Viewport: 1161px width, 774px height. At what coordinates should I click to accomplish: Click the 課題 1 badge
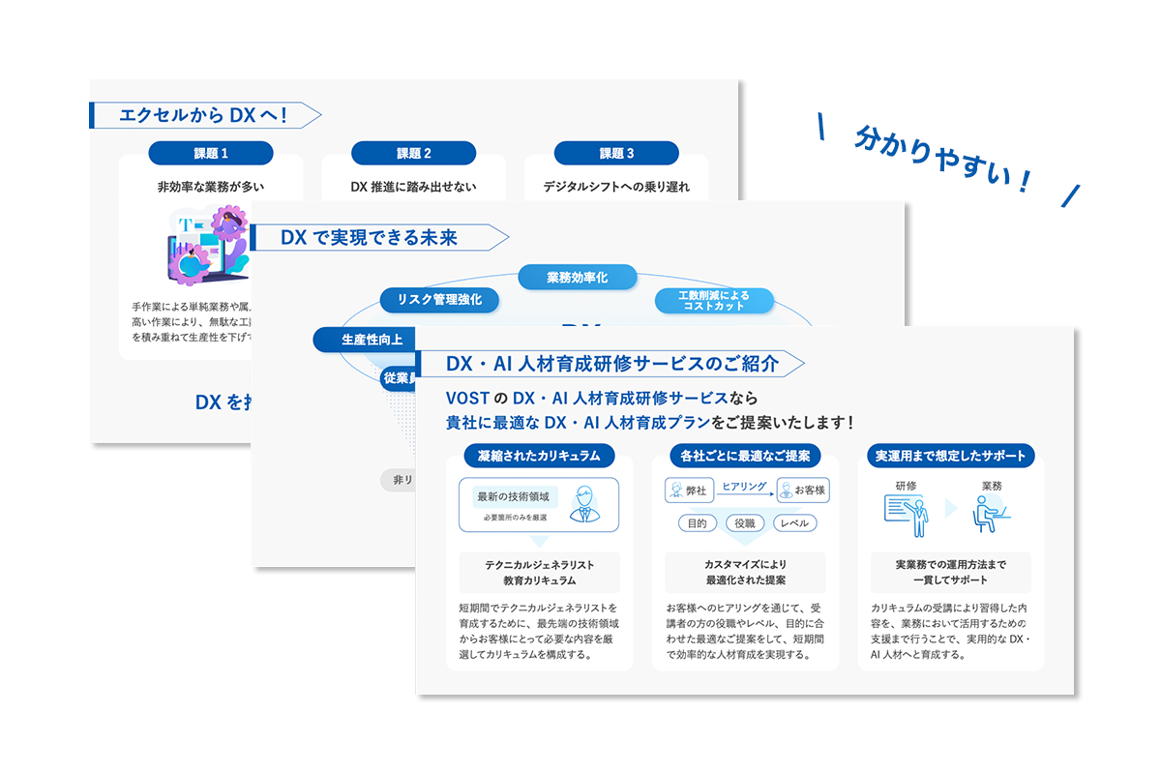211,153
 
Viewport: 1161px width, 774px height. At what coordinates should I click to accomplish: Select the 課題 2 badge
413,153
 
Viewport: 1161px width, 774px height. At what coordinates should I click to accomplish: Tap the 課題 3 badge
616,153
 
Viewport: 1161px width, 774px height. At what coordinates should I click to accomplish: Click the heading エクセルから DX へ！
203,115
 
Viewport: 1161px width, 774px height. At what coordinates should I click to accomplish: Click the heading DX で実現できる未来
369,238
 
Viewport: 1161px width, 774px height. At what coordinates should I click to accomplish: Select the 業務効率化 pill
578,278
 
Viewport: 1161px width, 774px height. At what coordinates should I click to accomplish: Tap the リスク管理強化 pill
439,300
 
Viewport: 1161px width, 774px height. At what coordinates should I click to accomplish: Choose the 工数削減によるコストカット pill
714,300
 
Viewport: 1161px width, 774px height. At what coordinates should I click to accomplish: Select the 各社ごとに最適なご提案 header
745,455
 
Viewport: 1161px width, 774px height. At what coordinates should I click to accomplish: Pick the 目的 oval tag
697,523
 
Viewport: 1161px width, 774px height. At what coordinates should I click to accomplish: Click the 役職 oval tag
745,523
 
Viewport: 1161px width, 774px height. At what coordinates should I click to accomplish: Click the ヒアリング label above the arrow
744,487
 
